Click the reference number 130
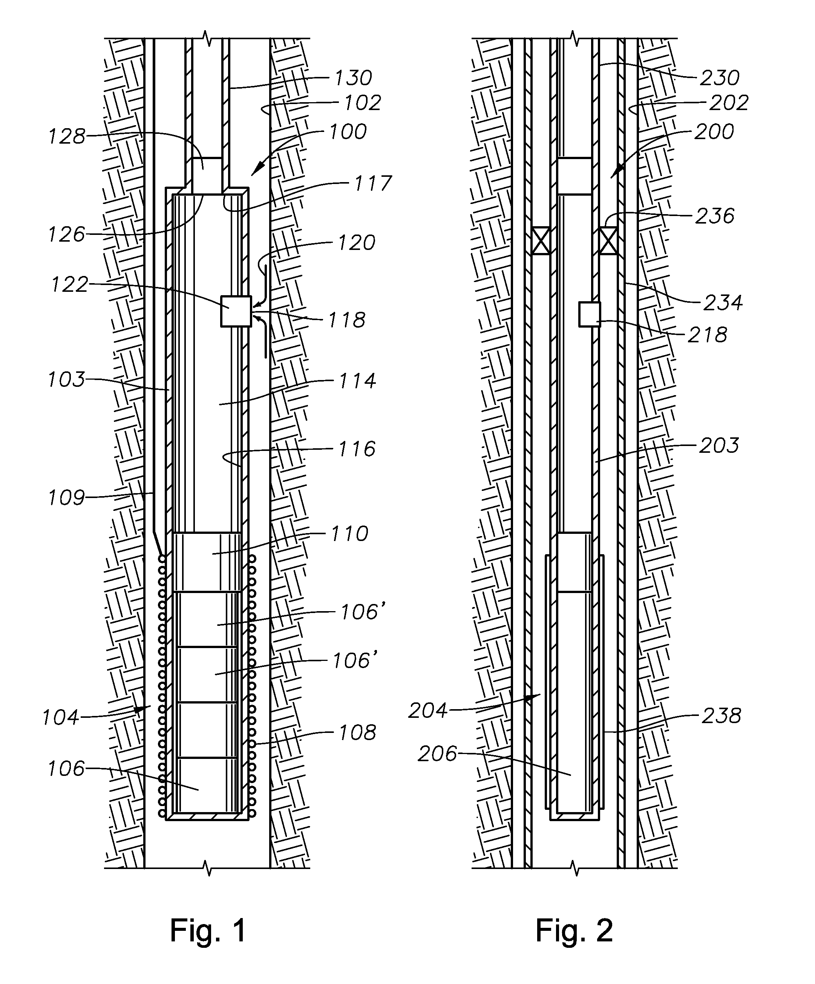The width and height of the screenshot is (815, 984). (353, 77)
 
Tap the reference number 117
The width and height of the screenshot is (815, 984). (373, 183)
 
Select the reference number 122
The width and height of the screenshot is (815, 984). (70, 284)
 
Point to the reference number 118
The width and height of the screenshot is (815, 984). (346, 320)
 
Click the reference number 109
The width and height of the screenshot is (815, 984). (66, 498)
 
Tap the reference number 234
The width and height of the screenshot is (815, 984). (723, 303)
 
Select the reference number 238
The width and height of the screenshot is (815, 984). (721, 716)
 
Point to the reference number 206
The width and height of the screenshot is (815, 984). (437, 754)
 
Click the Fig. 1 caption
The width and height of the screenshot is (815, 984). (208, 930)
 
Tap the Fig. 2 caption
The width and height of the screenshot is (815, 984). (574, 930)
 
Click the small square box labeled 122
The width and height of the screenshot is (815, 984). (236, 311)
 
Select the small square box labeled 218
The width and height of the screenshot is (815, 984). (590, 314)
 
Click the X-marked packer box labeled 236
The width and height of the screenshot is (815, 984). (608, 241)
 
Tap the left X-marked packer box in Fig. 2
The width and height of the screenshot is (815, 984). (541, 241)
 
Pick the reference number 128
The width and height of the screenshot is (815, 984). (67, 136)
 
